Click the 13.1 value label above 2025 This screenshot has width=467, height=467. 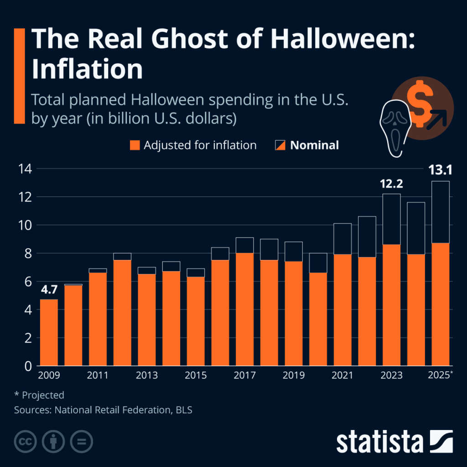[440, 171]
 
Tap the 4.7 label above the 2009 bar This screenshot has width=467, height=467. [49, 290]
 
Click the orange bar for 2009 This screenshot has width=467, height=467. [49, 332]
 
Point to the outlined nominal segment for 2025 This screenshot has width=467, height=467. [440, 212]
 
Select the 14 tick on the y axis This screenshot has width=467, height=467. [25, 169]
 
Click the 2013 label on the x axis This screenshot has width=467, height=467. [146, 375]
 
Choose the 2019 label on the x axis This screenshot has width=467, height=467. [293, 375]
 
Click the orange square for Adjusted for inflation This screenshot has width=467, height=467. [134, 145]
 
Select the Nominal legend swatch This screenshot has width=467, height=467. [280, 145]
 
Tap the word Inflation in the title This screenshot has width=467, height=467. [87, 69]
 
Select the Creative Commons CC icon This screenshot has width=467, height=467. [26, 441]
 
